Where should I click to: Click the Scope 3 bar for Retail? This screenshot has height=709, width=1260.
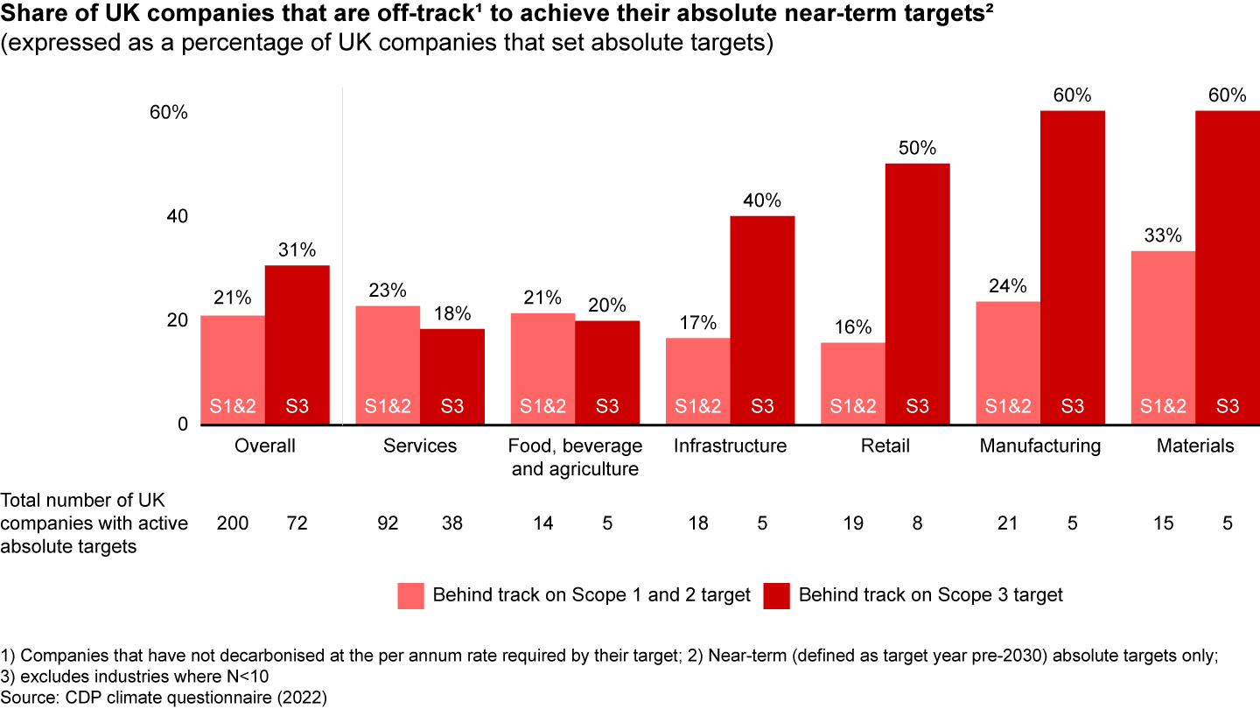(x=917, y=293)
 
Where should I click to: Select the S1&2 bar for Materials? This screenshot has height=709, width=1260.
(x=1163, y=337)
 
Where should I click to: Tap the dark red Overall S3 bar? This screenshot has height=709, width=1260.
(x=297, y=345)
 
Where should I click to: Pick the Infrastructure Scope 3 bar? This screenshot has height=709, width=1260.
(x=762, y=319)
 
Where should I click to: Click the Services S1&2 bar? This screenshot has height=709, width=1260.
(x=388, y=365)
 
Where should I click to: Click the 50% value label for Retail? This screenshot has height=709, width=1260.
(x=917, y=148)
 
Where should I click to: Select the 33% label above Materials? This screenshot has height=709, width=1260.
(x=1163, y=235)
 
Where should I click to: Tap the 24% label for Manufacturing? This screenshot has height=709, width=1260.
(x=1008, y=286)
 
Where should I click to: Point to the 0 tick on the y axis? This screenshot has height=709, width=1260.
(x=182, y=425)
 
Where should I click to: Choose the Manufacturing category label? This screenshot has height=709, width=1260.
(x=1039, y=446)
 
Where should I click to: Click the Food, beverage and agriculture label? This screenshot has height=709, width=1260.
(x=575, y=457)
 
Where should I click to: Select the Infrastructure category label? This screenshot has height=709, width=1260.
(x=730, y=446)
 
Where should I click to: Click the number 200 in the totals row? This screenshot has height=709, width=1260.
(x=233, y=523)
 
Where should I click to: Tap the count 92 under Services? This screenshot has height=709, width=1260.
(x=388, y=523)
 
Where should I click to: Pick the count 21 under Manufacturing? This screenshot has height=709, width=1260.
(x=1008, y=523)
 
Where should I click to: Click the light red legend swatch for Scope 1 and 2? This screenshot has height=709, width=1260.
(x=409, y=595)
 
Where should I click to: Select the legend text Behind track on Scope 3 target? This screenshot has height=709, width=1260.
(x=931, y=595)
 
